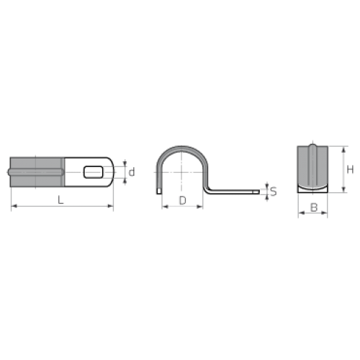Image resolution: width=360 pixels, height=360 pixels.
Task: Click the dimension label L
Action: pos(61,199)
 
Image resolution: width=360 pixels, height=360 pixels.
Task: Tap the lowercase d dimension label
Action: pos(132,172)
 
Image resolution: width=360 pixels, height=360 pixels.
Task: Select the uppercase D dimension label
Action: pos(183,200)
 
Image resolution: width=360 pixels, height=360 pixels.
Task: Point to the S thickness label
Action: pos(274,192)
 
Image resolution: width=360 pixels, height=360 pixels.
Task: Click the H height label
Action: pos(350,170)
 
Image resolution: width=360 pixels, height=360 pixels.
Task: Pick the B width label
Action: pos(314,207)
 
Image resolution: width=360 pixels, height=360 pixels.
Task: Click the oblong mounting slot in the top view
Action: pos(94,172)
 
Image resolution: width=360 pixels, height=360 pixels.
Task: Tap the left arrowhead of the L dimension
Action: pos(14,206)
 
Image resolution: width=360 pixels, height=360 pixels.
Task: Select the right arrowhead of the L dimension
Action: pos(110,206)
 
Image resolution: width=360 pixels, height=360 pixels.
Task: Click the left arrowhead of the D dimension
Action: pos(165,207)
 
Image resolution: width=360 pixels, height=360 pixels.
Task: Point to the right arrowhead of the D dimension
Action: pos(200,207)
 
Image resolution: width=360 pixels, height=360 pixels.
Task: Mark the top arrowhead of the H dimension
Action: pos(343,149)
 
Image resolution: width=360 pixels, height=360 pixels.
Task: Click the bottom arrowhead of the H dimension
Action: pos(343,189)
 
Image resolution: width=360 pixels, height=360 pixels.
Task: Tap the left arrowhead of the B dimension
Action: pos(301,212)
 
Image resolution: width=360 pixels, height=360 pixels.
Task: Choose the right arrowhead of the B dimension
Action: pos(324,212)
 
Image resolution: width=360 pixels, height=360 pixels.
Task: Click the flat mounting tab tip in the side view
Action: pos(256,192)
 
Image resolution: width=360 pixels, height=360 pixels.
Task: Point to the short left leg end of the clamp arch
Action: pos(159,192)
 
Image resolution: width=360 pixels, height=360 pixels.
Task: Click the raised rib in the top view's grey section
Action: pos(36,172)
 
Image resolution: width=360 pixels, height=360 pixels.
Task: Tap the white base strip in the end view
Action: pos(312,189)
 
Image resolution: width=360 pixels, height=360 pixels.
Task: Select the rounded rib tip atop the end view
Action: pos(312,146)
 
